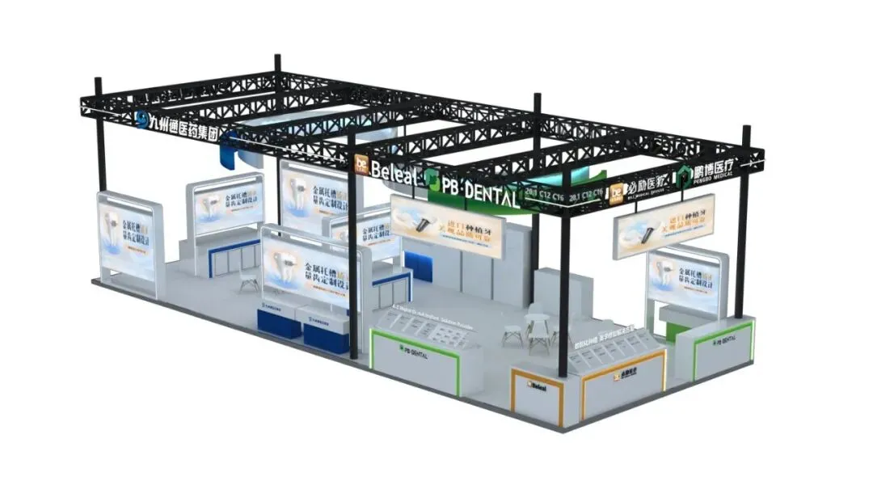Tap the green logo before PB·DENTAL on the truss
pos(433,180)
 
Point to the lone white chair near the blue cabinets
pos(248,279)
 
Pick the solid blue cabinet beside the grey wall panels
pos(418,266)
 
